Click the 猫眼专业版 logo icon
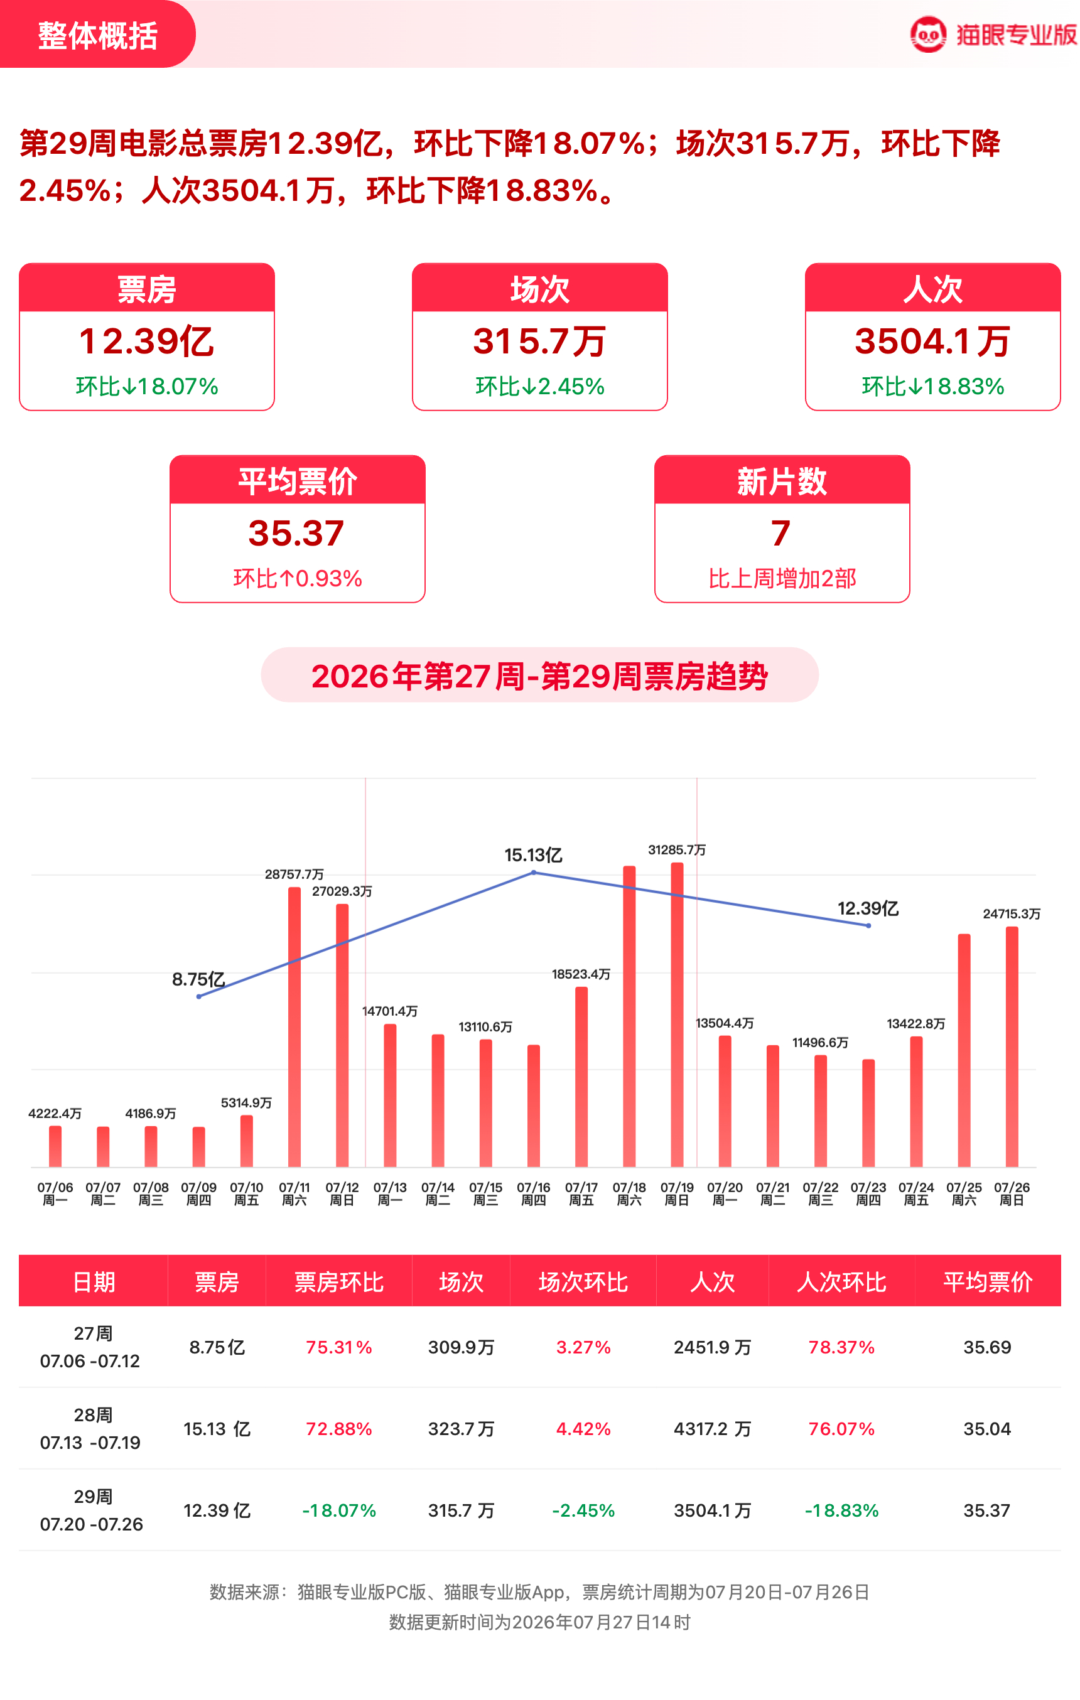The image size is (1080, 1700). (927, 35)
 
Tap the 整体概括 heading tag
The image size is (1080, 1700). (97, 35)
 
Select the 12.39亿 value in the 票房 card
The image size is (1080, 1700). (146, 341)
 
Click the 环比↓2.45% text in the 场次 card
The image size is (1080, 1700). (539, 386)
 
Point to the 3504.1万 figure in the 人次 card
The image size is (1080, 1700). (932, 341)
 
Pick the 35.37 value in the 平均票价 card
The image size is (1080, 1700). (296, 533)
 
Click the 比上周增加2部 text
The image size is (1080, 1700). (782, 578)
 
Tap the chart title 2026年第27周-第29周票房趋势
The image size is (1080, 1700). (539, 675)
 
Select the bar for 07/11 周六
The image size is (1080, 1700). (294, 1026)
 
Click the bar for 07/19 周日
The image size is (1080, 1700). (678, 1014)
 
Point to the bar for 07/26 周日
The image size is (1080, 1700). (1012, 1046)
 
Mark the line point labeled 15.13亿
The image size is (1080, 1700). (534, 873)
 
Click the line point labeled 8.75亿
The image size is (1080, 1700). (199, 996)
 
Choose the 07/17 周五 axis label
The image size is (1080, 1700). (581, 1194)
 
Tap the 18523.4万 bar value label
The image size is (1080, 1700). (581, 974)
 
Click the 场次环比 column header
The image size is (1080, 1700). (583, 1281)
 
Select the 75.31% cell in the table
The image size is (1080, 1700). (339, 1347)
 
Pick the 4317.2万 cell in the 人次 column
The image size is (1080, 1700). (712, 1429)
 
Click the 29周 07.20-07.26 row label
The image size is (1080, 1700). (92, 1510)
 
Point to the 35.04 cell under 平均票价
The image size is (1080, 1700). (988, 1429)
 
